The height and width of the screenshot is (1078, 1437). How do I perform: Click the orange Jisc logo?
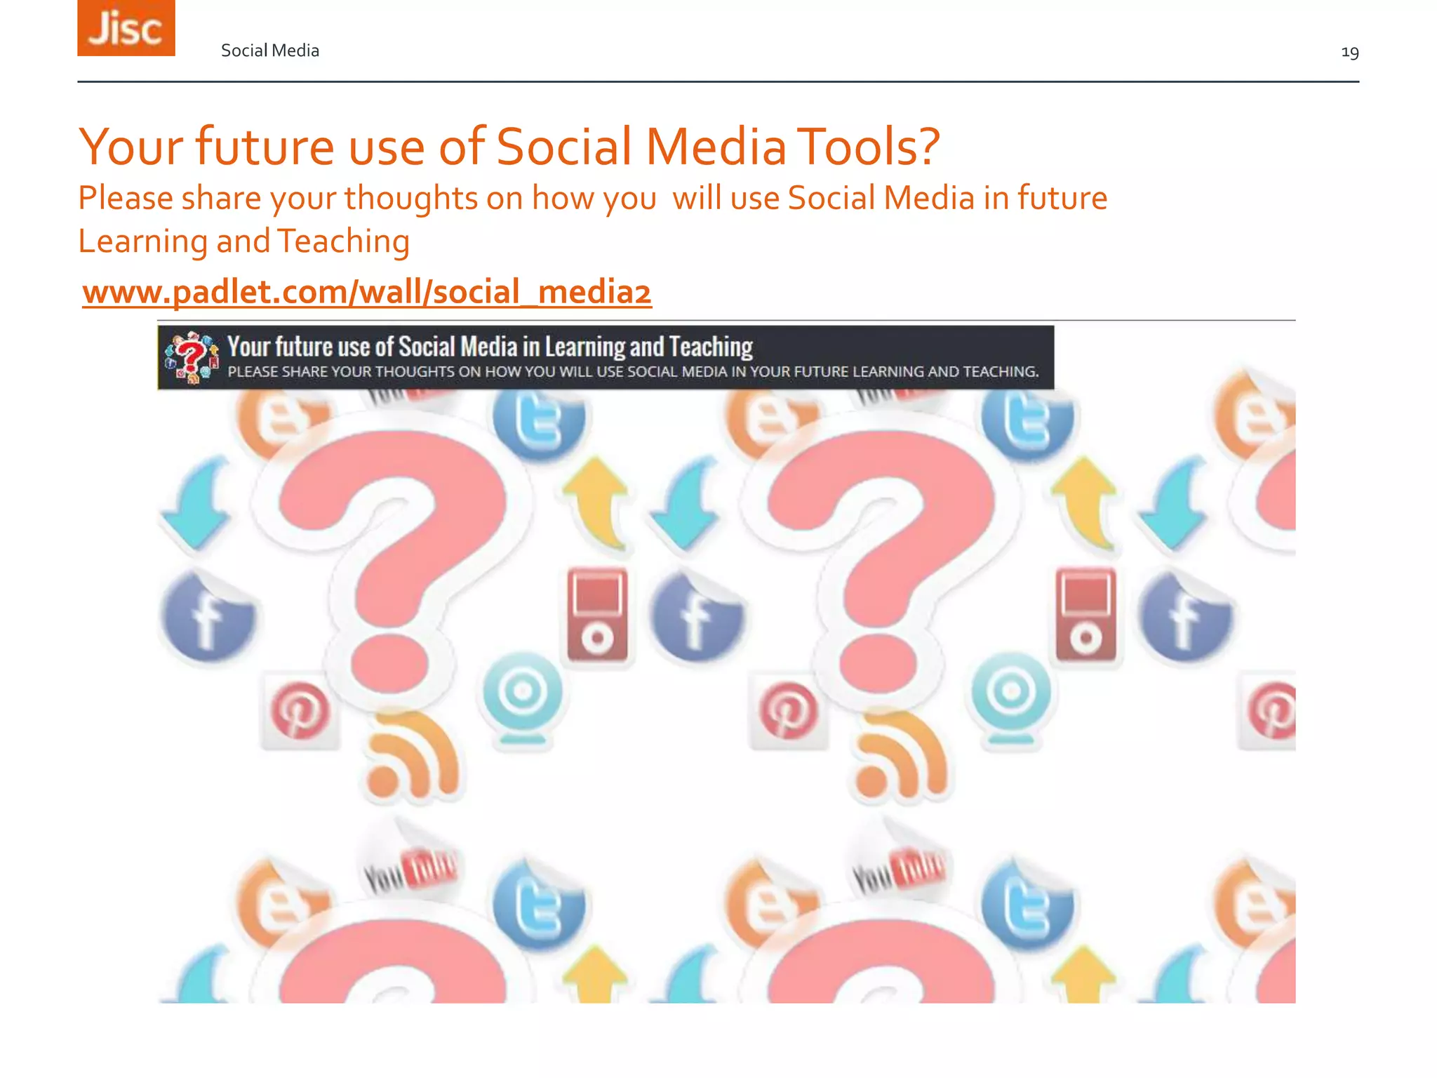point(126,28)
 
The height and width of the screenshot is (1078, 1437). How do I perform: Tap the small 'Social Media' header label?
point(270,51)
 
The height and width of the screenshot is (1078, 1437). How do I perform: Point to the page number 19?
point(1349,53)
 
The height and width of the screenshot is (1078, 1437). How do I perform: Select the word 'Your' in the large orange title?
point(131,147)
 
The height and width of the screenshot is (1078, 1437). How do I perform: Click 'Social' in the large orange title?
point(564,147)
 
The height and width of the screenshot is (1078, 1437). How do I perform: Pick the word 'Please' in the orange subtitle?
point(125,199)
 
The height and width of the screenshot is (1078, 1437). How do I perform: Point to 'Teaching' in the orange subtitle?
point(343,242)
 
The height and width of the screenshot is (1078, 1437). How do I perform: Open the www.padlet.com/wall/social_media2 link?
point(367,292)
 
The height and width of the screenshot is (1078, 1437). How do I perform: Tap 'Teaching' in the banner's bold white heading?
point(710,347)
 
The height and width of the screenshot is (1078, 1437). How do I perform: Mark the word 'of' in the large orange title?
point(462,147)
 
